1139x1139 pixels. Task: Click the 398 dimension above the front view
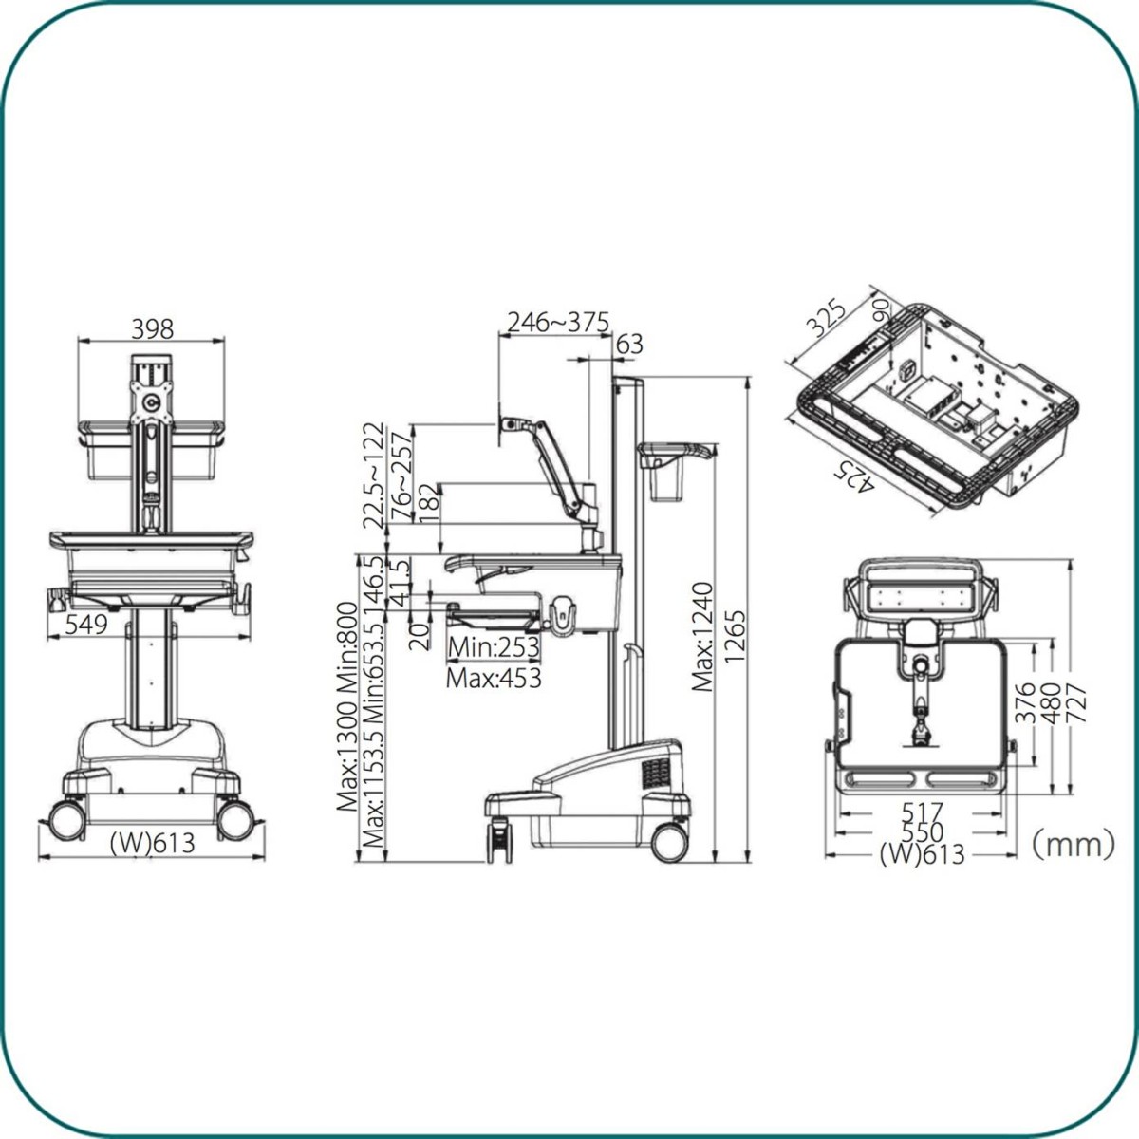coord(152,329)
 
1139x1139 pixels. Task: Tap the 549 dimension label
coord(85,625)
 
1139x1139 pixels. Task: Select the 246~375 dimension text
coord(558,323)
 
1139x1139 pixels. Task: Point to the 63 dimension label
coord(629,344)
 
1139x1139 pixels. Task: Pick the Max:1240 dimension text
coord(702,637)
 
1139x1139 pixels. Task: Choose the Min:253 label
coord(494,648)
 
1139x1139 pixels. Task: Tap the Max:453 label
coord(494,679)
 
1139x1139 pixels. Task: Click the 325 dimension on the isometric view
coord(827,320)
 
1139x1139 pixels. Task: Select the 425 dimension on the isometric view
coord(853,476)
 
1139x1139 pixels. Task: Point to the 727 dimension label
coord(1076,702)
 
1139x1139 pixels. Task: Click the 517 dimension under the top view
coord(922,812)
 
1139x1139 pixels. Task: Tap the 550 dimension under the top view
coord(922,832)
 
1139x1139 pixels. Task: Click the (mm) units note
coord(1073,844)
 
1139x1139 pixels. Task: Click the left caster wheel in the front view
coord(66,820)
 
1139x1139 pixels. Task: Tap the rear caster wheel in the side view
coord(670,842)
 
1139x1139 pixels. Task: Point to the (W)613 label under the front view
coord(152,843)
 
